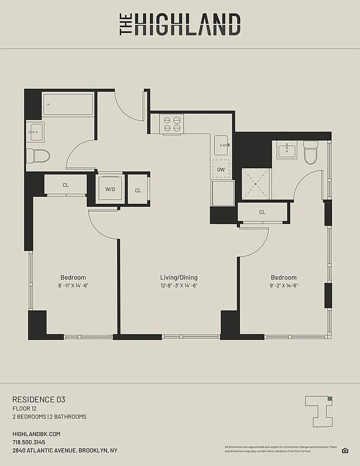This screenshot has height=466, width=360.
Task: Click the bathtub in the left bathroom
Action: (x=68, y=105)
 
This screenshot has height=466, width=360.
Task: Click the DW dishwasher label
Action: (x=221, y=170)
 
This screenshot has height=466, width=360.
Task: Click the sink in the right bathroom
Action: (x=286, y=151)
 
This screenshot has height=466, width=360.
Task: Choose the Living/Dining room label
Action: (x=179, y=277)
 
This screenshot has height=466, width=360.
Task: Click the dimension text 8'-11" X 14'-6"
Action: (x=73, y=286)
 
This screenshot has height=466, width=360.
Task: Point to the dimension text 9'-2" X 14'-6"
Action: (x=284, y=286)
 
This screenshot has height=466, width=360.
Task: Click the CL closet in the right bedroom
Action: (x=262, y=212)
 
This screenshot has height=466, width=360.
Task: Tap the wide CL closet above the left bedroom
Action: (x=65, y=186)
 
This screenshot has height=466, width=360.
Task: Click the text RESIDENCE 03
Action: (x=39, y=400)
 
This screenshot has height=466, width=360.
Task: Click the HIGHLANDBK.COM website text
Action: (x=36, y=435)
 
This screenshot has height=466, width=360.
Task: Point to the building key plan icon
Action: (x=319, y=409)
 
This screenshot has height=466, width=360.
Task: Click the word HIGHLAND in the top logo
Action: (x=188, y=25)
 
